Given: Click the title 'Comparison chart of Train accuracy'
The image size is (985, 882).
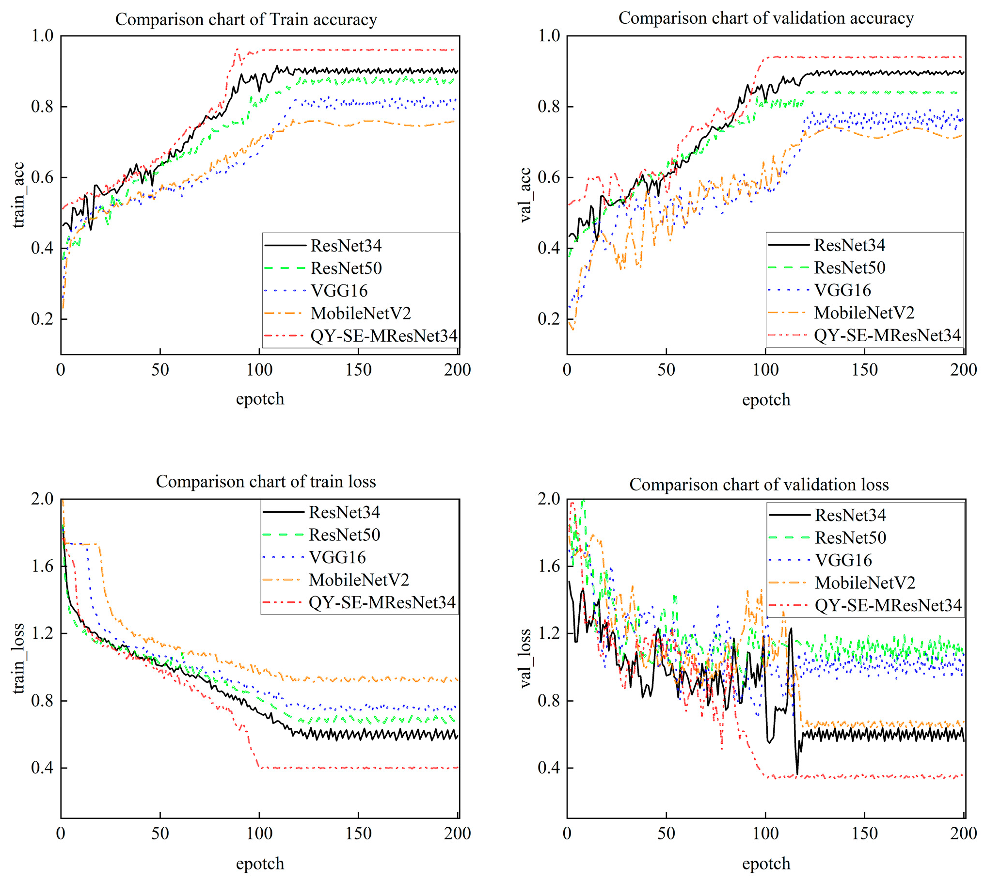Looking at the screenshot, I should click(246, 19).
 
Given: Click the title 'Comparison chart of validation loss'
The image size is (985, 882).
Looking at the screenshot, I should click(759, 484).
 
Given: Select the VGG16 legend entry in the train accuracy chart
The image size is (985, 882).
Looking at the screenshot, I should click(339, 291).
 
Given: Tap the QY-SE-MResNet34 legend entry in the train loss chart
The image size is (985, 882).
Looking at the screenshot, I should click(382, 602).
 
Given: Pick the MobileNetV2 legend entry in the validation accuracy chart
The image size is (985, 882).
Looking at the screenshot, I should click(864, 313).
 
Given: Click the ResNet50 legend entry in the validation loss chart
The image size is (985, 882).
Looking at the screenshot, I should click(850, 537).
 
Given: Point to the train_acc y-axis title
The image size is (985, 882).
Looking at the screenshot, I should click(18, 195).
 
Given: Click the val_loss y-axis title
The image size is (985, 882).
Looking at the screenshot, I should click(525, 658).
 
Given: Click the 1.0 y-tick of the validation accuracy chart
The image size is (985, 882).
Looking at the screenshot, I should click(549, 35).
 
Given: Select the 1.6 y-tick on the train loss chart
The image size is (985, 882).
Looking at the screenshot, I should click(43, 566).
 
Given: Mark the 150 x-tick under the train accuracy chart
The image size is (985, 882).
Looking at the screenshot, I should click(358, 370).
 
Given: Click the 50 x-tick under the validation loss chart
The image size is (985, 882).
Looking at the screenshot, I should click(666, 833).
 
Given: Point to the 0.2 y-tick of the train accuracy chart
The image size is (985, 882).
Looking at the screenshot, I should click(43, 319).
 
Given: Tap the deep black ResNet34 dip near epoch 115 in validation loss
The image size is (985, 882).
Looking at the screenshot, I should click(797, 774).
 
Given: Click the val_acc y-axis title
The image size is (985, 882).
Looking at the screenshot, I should click(525, 195).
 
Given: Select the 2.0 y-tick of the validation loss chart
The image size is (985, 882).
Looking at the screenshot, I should click(549, 499).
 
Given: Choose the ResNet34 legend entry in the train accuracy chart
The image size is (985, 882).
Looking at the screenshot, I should click(346, 246).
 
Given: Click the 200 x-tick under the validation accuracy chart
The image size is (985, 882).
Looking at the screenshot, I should click(963, 370).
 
